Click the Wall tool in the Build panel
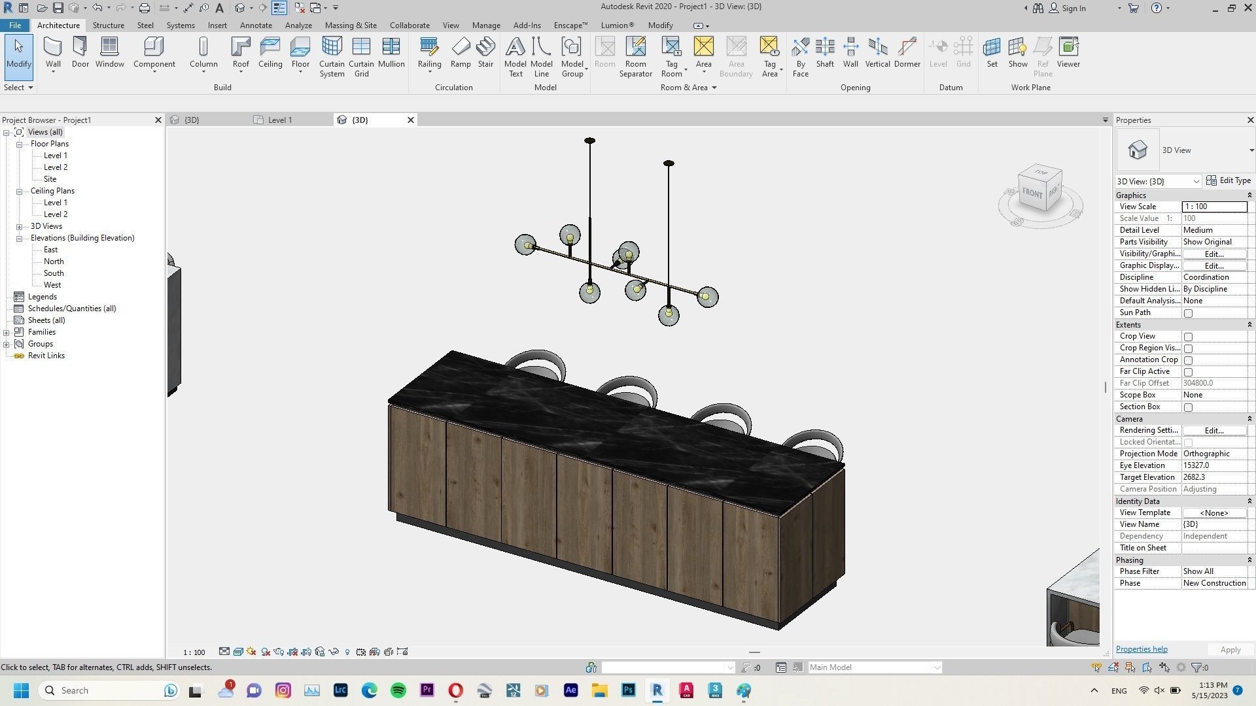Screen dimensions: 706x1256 click(53, 52)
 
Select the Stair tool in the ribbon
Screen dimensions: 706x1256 click(485, 52)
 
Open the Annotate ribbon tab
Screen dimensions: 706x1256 click(256, 25)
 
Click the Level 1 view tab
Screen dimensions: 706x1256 click(280, 120)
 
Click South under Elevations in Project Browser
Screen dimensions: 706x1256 click(54, 273)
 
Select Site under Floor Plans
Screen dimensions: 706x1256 click(50, 179)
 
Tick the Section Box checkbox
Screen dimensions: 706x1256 click(1188, 407)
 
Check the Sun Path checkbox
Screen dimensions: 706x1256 click(1188, 313)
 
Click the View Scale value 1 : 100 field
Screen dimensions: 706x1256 click(1213, 207)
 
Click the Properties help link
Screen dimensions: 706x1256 click(1141, 649)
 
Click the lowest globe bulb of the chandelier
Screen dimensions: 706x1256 click(668, 315)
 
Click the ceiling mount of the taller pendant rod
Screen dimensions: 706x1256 click(589, 141)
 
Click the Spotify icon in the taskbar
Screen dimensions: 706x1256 click(398, 690)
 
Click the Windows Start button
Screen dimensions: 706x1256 click(21, 690)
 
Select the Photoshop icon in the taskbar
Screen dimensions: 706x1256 click(628, 690)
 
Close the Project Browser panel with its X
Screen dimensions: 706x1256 click(158, 120)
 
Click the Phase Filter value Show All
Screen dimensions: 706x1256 click(1213, 571)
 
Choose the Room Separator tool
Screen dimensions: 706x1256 click(635, 56)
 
